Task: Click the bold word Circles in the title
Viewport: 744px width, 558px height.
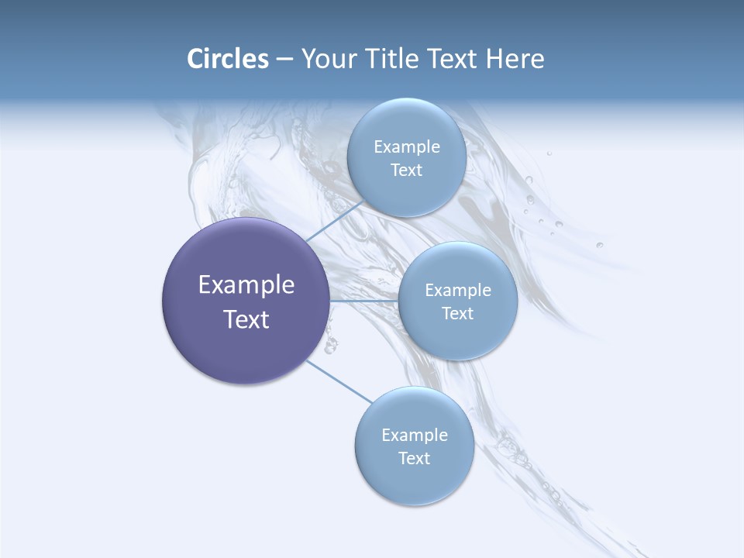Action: pos(227,59)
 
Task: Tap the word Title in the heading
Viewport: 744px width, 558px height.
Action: pos(393,59)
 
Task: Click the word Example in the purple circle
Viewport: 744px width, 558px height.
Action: pos(246,285)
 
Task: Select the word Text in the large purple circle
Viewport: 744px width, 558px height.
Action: pos(246,319)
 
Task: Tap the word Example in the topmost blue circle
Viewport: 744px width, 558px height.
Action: pos(406,146)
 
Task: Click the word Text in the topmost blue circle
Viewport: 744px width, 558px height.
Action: pos(406,170)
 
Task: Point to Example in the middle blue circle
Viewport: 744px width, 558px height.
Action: pos(457,290)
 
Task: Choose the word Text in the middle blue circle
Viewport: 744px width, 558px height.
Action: pos(457,313)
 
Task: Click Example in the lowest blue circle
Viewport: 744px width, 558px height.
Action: pos(414,435)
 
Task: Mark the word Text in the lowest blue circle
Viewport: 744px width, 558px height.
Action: pos(414,458)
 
